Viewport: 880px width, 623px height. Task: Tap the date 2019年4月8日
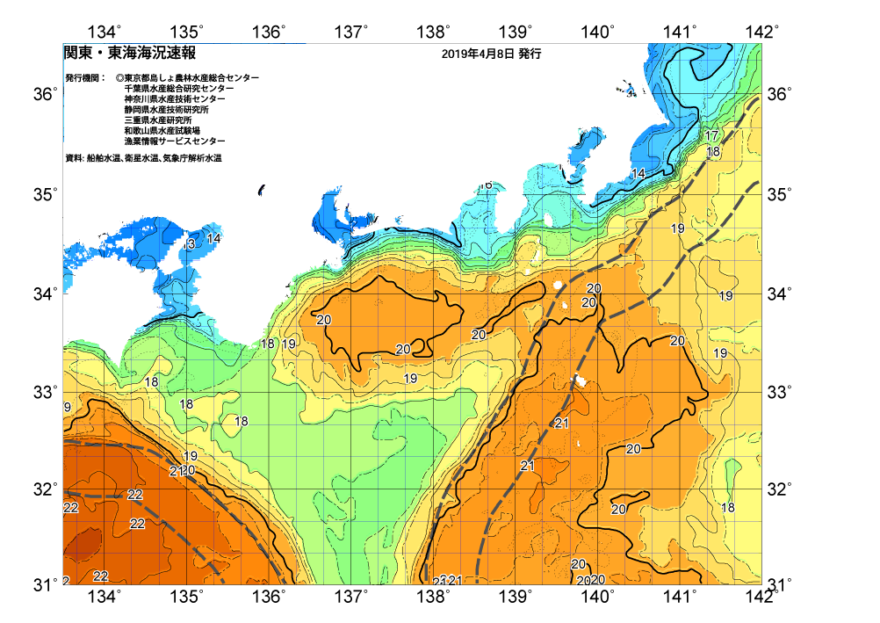(478, 54)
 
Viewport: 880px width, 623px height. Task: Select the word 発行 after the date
(530, 54)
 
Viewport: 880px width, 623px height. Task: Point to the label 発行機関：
(85, 78)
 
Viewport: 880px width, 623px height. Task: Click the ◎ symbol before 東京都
(119, 78)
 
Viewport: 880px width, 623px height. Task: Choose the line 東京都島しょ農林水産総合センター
(191, 78)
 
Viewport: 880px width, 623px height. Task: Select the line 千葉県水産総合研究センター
(179, 89)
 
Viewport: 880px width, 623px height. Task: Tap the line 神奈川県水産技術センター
(175, 99)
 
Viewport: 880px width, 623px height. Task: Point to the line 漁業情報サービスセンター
(175, 141)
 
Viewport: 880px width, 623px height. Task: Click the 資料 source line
(143, 158)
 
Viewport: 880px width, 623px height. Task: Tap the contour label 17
(711, 136)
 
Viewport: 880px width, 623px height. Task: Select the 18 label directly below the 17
(714, 151)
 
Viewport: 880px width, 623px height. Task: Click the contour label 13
(189, 243)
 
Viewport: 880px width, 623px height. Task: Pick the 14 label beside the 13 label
(213, 238)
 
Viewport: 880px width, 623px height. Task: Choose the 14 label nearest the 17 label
(638, 174)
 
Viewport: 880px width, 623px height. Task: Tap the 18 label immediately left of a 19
(268, 344)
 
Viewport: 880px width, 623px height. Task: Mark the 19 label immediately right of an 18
(288, 344)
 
